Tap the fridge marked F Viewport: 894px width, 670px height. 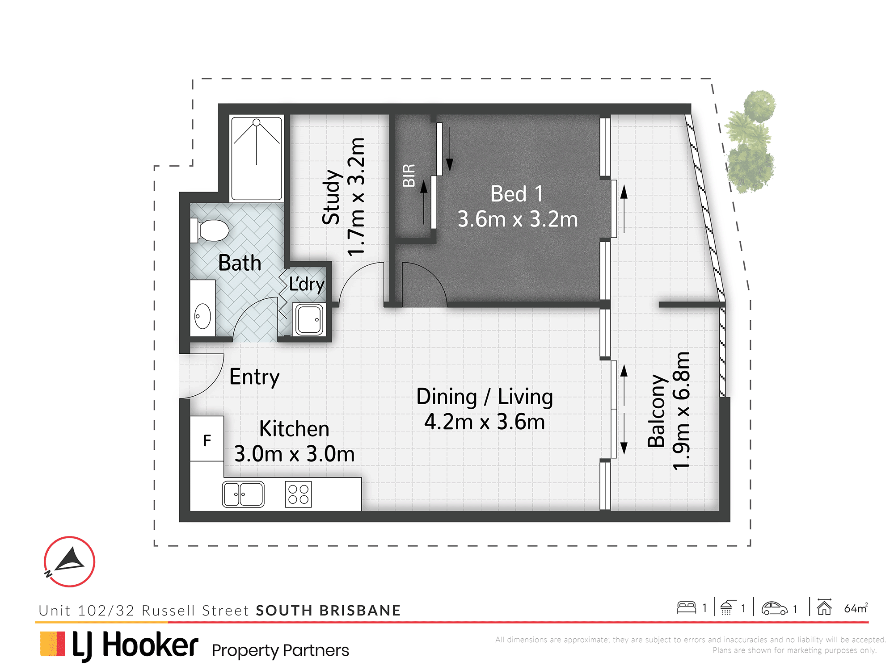207,439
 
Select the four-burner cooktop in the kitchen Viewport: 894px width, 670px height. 299,494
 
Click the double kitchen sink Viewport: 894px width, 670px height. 243,494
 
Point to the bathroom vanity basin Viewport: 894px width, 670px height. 202,316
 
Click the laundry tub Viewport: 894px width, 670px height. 308,319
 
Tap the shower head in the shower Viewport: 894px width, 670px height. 256,122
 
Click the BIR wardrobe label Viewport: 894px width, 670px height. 409,175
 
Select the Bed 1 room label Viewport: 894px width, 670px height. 517,194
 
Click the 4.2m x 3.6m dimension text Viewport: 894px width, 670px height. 485,422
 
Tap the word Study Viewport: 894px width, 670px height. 332,197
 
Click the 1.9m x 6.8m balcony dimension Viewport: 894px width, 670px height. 681,411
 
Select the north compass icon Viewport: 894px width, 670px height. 69,561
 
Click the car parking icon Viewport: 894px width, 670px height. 774,608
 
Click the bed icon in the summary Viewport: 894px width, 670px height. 686,607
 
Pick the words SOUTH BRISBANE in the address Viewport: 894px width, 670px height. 329,611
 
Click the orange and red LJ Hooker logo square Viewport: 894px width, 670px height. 53,644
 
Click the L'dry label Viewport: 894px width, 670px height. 307,285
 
